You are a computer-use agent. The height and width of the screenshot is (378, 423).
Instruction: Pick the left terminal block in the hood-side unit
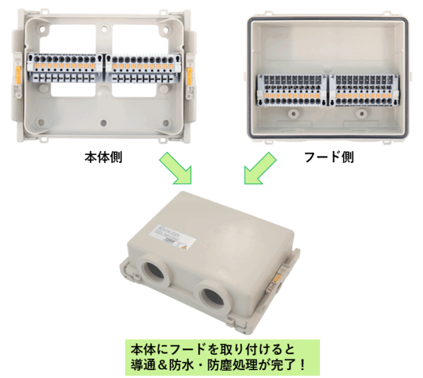[291, 90]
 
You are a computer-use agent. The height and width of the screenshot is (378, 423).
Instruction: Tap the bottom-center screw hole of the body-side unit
[104, 123]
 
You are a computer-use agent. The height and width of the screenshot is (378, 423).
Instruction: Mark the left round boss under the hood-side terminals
[291, 113]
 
